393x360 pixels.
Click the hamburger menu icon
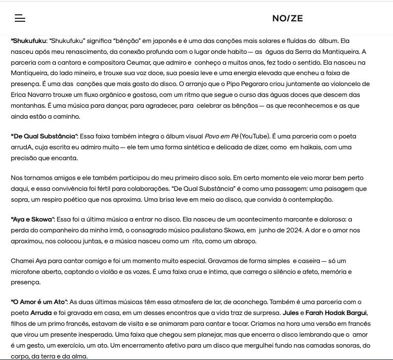point(20,18)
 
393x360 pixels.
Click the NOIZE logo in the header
point(287,18)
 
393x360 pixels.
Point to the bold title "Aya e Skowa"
point(32,219)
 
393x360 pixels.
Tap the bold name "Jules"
point(290,313)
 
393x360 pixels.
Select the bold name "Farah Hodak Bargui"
point(336,313)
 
